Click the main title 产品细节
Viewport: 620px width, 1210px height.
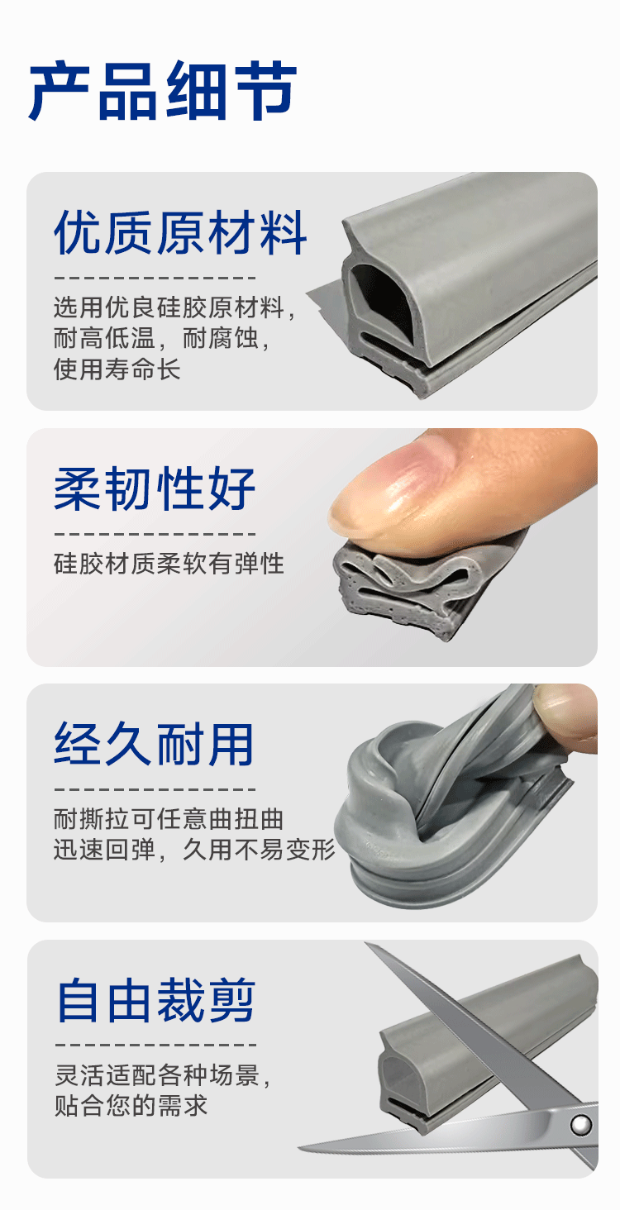(x=163, y=91)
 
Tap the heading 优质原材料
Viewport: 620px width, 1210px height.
(x=180, y=233)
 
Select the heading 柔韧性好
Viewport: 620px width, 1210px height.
(x=155, y=488)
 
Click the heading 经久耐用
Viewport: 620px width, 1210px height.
(x=154, y=745)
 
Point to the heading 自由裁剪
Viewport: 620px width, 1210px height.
(x=155, y=1000)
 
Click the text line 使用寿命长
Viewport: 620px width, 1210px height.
(x=117, y=369)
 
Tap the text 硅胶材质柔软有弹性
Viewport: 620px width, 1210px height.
(x=169, y=564)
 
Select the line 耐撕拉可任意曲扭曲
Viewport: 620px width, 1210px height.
(x=169, y=819)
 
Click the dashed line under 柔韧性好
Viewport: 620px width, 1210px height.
(x=155, y=534)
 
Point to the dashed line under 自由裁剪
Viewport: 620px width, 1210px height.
(x=155, y=1045)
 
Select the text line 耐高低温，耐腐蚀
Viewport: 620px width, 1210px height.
(x=161, y=339)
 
